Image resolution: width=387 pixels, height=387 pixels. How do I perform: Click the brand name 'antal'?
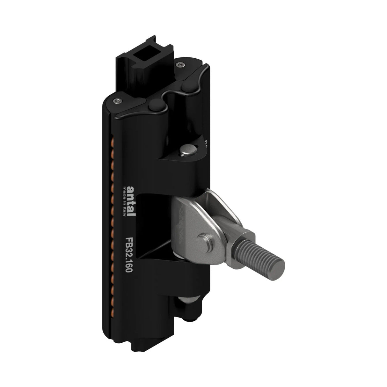[x=131, y=201]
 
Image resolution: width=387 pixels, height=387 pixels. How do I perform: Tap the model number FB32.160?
[x=130, y=254]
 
